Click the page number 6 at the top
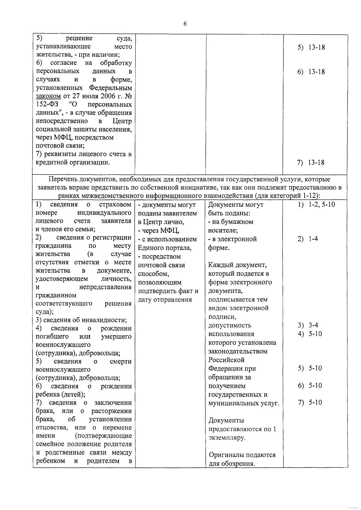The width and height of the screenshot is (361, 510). (185, 24)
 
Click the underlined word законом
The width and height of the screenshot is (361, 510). (48, 96)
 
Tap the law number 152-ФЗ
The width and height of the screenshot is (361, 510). (47, 104)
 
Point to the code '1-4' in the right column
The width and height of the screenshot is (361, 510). (313, 239)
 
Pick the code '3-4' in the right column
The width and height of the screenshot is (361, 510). (313, 325)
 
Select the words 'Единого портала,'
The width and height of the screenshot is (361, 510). (165, 248)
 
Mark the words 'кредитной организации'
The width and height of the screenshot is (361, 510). (72, 163)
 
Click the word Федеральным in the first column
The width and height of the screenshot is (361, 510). (110, 88)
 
